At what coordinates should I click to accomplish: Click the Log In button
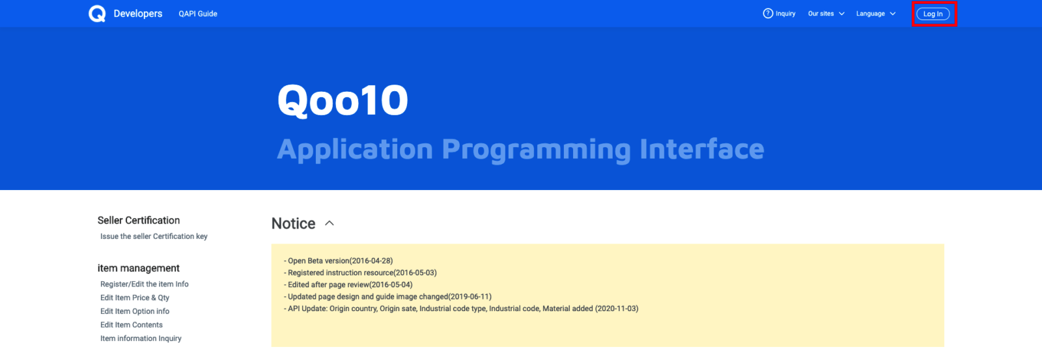[933, 14]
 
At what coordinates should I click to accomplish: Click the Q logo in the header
[97, 14]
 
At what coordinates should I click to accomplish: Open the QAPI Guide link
[198, 14]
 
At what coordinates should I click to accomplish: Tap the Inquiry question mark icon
[768, 14]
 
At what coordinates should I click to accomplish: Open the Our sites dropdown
[826, 14]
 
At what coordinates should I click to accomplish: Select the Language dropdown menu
[876, 14]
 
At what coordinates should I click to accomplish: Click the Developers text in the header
[137, 14]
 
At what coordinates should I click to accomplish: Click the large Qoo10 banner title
[343, 100]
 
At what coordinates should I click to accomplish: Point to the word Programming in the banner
[536, 150]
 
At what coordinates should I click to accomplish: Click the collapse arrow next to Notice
[330, 223]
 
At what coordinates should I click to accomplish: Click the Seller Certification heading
[139, 220]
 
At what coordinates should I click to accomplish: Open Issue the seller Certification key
[154, 236]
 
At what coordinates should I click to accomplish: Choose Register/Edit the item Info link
[144, 284]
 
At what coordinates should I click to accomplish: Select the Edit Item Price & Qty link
[135, 298]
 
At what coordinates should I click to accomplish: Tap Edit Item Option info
[135, 311]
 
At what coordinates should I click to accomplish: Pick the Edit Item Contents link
[132, 325]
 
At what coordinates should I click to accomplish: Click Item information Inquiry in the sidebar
[141, 338]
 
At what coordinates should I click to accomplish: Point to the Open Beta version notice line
[338, 261]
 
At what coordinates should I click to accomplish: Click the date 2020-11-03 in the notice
[617, 309]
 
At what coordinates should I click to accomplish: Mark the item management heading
[139, 268]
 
